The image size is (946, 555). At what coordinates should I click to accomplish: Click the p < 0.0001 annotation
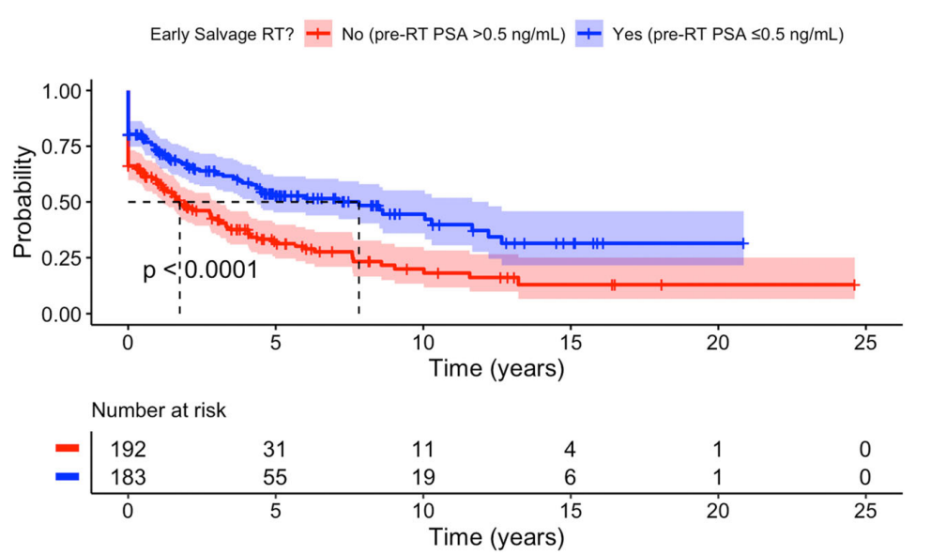coord(200,271)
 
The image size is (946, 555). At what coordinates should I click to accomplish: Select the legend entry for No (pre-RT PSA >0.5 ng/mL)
coord(433,35)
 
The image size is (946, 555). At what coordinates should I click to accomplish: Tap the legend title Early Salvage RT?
coord(221,35)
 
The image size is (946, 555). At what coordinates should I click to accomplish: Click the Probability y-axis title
coord(26,202)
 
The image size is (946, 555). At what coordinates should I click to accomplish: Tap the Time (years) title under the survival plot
coord(496,368)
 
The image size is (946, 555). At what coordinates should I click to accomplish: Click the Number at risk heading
coord(158,410)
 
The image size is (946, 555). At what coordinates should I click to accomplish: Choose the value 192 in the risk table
coord(128,449)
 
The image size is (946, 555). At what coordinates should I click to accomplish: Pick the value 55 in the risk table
coord(275,476)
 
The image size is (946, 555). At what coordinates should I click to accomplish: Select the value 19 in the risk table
coord(422,476)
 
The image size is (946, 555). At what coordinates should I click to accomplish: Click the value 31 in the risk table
coord(275,449)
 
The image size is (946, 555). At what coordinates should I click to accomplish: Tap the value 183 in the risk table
coord(128,476)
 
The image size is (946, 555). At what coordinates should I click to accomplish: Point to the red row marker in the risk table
coord(69,449)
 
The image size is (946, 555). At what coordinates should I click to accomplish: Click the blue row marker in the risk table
coord(69,476)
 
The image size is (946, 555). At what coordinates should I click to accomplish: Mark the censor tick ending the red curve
coord(854,285)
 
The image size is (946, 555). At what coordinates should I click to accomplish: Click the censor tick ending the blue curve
coord(743,243)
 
